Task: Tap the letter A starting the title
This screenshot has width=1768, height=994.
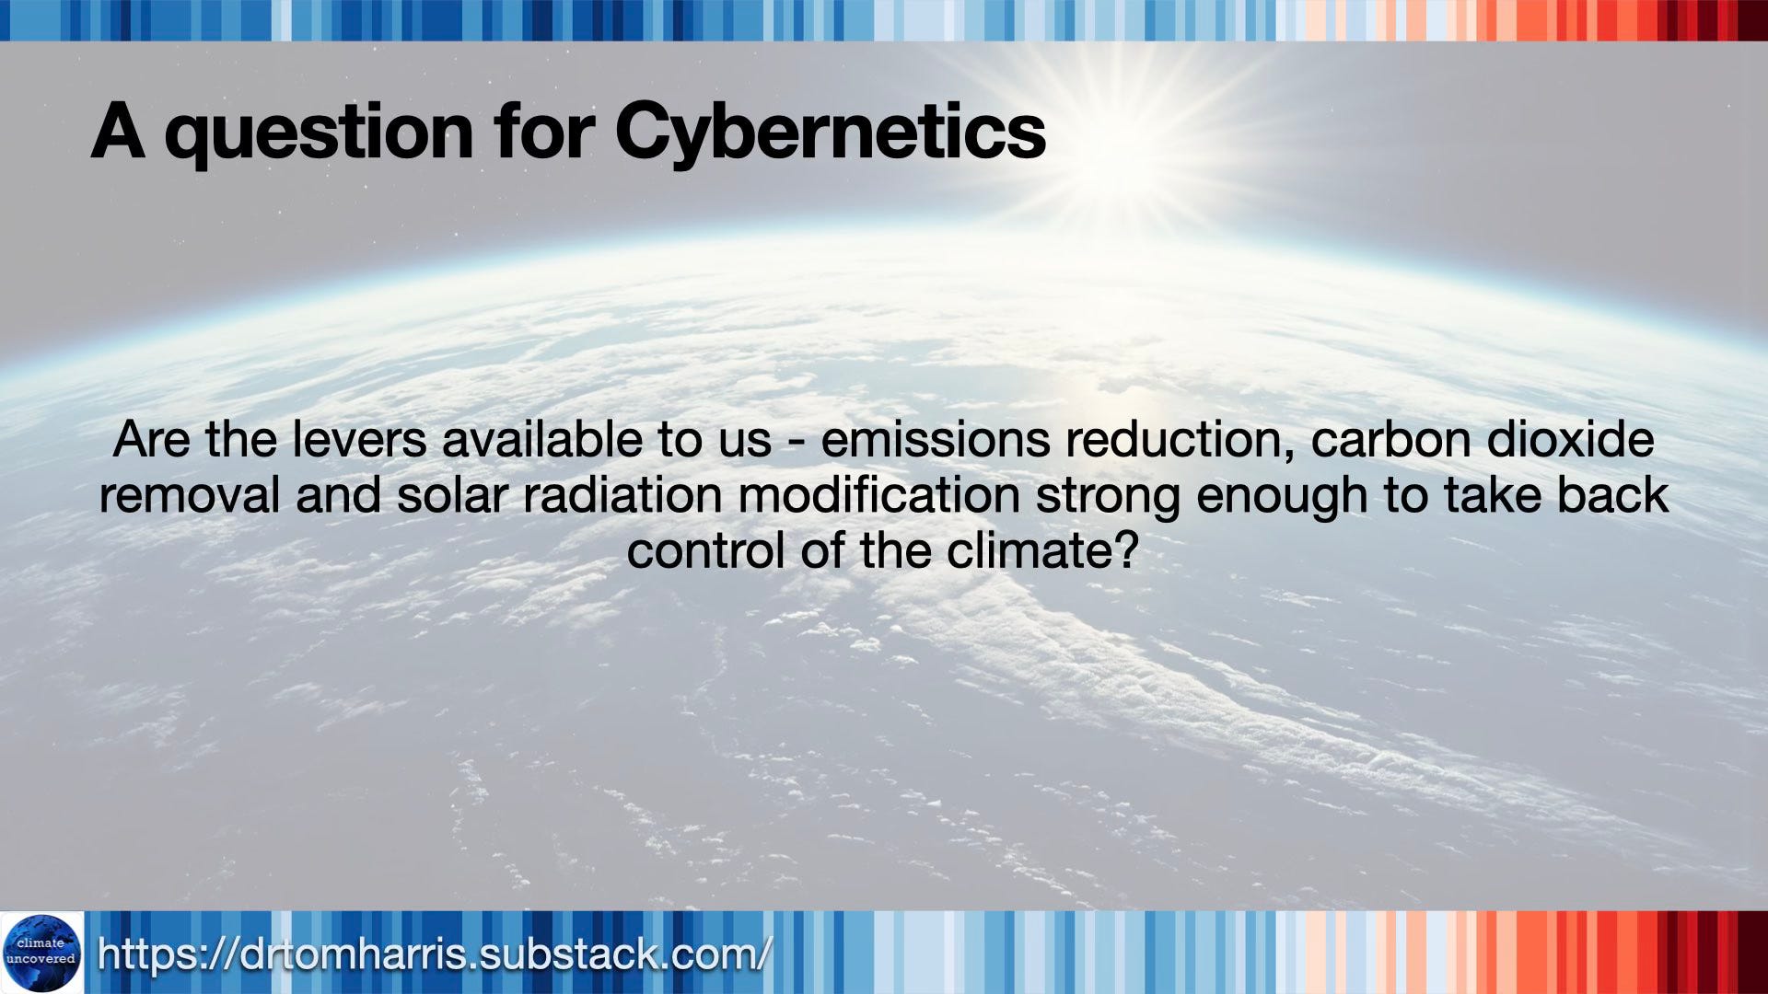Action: pyautogui.click(x=118, y=130)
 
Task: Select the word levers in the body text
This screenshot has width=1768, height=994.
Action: pyautogui.click(x=359, y=439)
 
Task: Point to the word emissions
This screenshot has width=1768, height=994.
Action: pyautogui.click(x=935, y=439)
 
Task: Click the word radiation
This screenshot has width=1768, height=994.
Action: pyautogui.click(x=622, y=495)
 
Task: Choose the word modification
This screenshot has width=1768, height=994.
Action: pyautogui.click(x=878, y=495)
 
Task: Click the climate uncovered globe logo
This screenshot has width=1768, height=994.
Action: pyautogui.click(x=41, y=953)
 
